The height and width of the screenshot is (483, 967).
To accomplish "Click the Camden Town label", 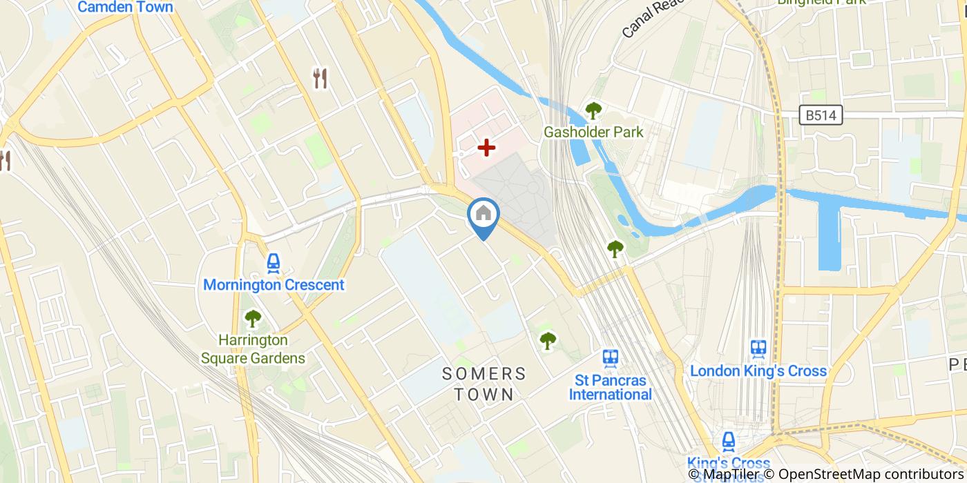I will [125, 8].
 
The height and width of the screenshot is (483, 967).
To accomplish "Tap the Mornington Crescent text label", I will [274, 285].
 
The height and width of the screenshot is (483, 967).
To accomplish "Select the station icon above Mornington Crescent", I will [274, 262].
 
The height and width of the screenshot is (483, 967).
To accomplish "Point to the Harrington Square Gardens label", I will [253, 349].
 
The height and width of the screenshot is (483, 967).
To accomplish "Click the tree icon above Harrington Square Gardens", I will [253, 319].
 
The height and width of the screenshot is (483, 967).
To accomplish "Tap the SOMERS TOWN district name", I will [483, 384].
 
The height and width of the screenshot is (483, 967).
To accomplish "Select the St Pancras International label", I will [610, 388].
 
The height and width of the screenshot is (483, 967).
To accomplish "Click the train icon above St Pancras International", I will [610, 357].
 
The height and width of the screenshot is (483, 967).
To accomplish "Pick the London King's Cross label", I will [758, 371].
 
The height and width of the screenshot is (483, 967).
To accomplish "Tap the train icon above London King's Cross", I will [758, 348].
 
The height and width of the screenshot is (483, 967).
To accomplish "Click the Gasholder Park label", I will [593, 132].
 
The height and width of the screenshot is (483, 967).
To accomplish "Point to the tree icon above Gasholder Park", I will [593, 110].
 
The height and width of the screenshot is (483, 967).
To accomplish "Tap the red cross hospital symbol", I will [487, 147].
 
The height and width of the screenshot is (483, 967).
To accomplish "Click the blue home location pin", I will [483, 216].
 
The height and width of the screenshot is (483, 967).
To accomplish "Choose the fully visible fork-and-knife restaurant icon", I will [320, 78].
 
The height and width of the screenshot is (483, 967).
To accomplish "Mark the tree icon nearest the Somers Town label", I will [548, 340].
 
